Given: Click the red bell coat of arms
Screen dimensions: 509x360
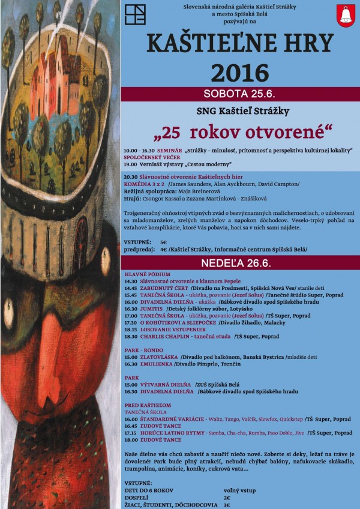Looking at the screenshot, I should [x=344, y=15].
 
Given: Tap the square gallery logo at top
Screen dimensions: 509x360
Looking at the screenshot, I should [x=139, y=14].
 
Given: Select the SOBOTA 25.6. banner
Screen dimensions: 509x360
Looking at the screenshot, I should [x=240, y=94].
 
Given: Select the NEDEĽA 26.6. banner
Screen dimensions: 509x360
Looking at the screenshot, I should [x=240, y=264].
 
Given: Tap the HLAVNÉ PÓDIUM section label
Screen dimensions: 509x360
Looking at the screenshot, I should [x=143, y=274].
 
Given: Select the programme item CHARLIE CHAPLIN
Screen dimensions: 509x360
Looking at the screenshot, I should [x=170, y=337].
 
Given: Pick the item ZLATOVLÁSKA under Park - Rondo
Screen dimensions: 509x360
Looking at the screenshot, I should [x=158, y=357].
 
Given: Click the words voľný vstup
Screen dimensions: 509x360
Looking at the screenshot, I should [x=238, y=489].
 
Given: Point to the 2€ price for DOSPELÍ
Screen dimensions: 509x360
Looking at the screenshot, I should [x=227, y=497].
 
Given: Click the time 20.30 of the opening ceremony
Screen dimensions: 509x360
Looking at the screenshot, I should [x=130, y=178].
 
